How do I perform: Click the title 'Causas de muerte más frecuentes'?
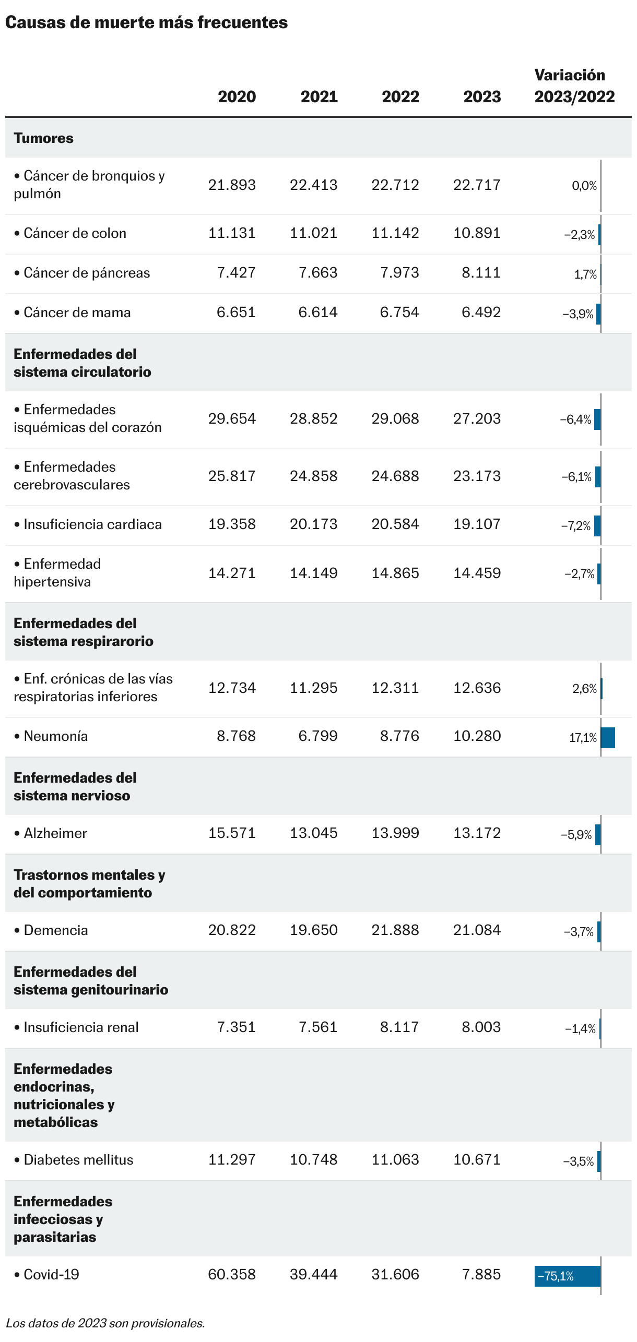(146, 22)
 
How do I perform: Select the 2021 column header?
(319, 97)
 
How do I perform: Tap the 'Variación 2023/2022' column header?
(574, 86)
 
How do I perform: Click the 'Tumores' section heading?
(43, 138)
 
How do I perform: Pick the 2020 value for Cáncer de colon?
(232, 233)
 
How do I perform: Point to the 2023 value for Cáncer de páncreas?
(481, 272)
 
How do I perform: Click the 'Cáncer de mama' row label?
(77, 313)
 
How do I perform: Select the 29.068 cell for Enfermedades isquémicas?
(395, 418)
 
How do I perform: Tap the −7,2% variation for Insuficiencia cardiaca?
(576, 525)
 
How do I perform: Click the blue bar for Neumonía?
(608, 737)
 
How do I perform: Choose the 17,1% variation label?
(583, 737)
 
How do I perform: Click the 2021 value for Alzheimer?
(313, 833)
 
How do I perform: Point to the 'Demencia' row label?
(55, 930)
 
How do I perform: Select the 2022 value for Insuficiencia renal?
(399, 1027)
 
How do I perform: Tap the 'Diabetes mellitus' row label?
(78, 1159)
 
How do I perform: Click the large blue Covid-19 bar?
(567, 1276)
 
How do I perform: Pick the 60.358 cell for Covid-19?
(232, 1274)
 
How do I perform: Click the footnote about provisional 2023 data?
(105, 1323)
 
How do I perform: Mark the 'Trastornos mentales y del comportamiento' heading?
(89, 883)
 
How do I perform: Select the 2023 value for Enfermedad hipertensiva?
(477, 573)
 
